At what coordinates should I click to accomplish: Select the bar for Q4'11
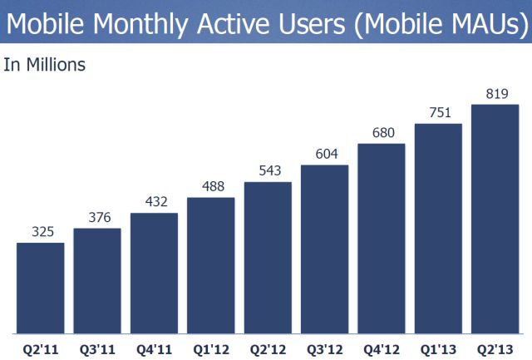[x=154, y=270]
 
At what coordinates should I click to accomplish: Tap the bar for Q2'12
[x=268, y=254]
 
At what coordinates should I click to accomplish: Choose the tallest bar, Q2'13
[x=495, y=216]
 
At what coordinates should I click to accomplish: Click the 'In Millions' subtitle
[x=45, y=64]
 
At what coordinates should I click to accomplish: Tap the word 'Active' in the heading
[x=232, y=22]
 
